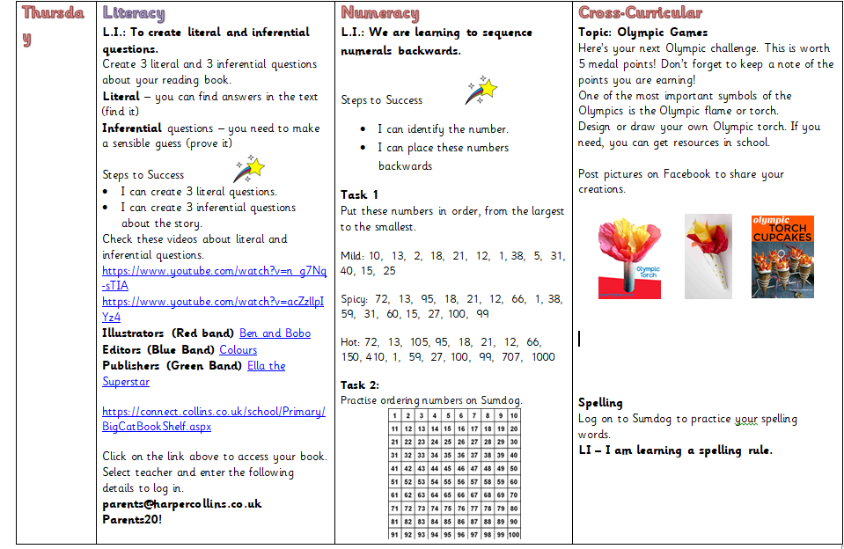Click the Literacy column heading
coord(134,13)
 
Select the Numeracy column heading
coord(379,13)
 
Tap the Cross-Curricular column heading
coord(640,13)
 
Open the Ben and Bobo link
coord(275,333)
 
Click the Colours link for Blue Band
coord(238,349)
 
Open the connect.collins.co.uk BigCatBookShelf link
coord(213,419)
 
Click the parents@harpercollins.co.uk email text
coord(181,503)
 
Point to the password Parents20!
coord(132,519)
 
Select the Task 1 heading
coord(359,194)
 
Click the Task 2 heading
coord(360,384)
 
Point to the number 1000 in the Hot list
coord(543,356)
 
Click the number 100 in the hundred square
coord(513,534)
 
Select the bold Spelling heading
coord(600,402)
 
